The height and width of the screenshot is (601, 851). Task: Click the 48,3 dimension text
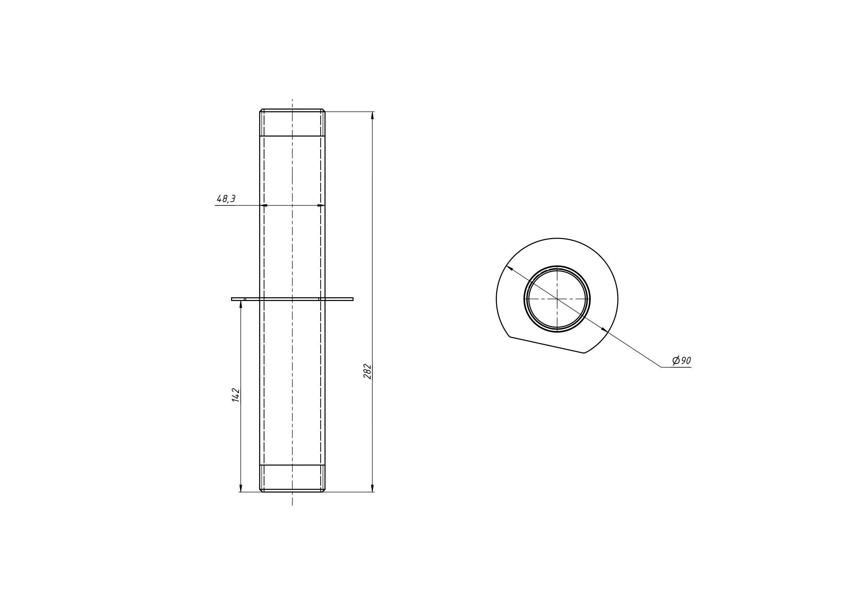tap(226, 199)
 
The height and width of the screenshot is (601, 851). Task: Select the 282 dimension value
tap(367, 372)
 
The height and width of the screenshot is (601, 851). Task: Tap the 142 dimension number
tap(236, 395)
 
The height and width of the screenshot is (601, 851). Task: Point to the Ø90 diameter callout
tap(682, 360)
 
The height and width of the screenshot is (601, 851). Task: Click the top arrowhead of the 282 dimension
tap(372, 115)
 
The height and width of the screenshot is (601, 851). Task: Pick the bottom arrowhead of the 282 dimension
tap(372, 488)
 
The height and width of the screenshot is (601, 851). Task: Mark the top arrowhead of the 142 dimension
tap(241, 304)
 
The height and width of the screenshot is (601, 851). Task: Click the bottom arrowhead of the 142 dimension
tap(241, 488)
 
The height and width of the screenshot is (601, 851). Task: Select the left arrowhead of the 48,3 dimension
tap(263, 205)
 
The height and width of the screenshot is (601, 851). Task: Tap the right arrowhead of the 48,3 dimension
tap(321, 205)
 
